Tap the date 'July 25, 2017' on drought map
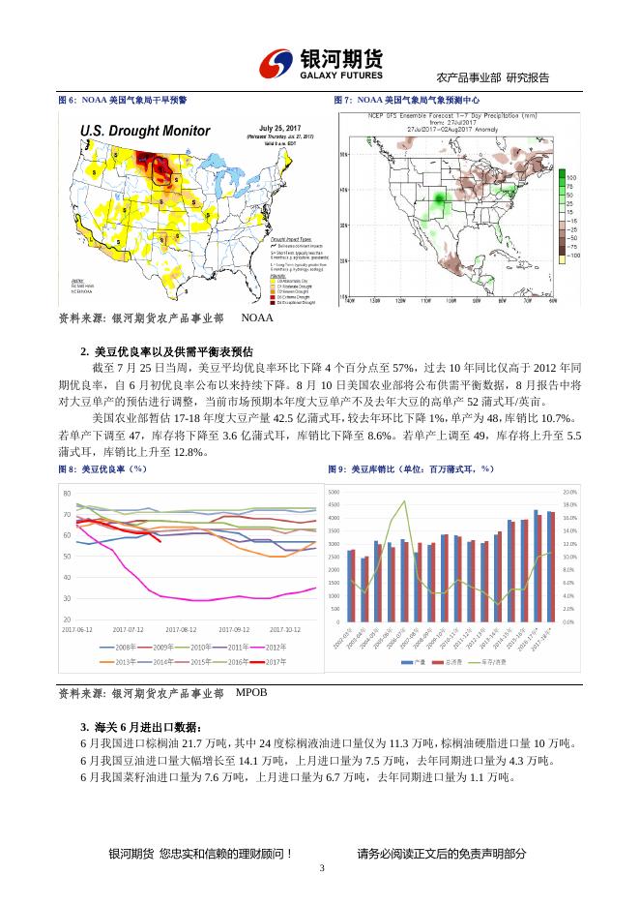pos(280,127)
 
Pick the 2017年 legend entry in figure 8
pos(274,661)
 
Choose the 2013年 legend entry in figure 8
pos(123,661)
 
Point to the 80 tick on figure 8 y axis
pos(67,494)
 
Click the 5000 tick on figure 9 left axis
pos(334,492)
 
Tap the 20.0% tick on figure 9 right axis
pos(569,492)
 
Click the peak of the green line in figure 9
pos(404,501)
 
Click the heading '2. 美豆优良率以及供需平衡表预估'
pos(167,351)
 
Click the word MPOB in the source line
pos(250,692)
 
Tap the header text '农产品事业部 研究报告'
pos(493,77)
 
